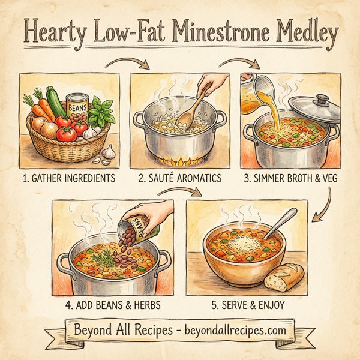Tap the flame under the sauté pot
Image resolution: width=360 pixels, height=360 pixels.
tap(180, 160)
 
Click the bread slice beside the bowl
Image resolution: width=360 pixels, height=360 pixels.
tap(284, 277)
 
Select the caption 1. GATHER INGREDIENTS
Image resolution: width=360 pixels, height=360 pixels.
tap(68, 178)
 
